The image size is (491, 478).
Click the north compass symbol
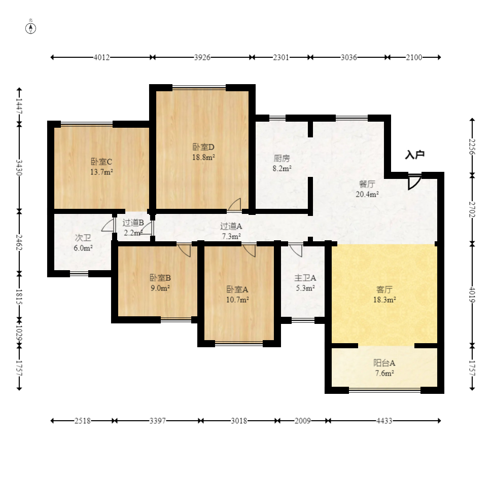coord(30,28)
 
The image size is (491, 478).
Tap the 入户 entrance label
coord(414,155)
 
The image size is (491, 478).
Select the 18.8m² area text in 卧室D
coord(203,157)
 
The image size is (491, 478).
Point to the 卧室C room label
coord(101,162)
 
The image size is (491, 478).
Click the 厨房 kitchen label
coord(282,158)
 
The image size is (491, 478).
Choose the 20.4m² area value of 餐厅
coord(367,194)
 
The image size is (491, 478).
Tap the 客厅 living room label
coord(384,289)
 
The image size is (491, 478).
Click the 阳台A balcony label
coord(384,363)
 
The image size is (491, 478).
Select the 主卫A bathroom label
coord(305,278)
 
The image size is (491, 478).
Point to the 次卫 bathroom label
coord(83,238)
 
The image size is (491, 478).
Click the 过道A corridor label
coord(231,226)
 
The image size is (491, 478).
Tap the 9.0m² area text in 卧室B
coord(160,288)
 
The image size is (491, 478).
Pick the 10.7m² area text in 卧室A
coord(237,300)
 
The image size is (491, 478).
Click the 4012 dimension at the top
coord(101,57)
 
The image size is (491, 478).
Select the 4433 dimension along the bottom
coord(384,421)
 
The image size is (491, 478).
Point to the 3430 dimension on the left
coord(19,168)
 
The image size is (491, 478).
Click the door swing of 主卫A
coord(296,250)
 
